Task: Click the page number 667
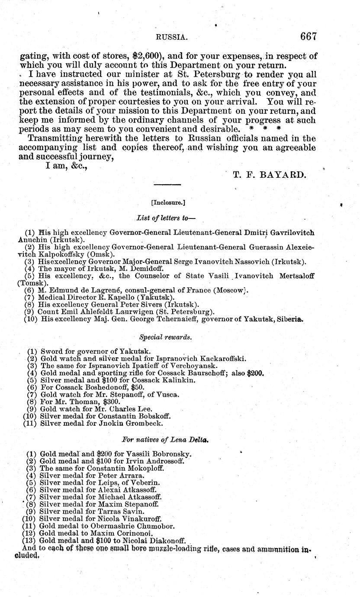(x=309, y=36)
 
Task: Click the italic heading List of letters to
(x=166, y=217)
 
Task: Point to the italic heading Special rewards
(x=166, y=336)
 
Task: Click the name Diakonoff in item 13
(x=165, y=541)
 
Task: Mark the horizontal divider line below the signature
(x=167, y=185)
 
